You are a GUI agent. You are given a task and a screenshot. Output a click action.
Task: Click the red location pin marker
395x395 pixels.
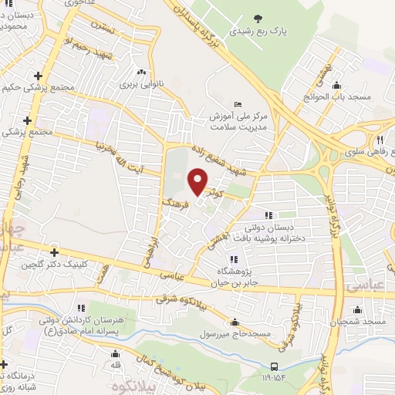(x=198, y=181)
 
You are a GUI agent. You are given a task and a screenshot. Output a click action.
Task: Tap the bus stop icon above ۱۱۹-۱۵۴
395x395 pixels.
(x=274, y=366)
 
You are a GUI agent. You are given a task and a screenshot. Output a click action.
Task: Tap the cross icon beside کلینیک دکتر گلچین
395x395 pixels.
(x=54, y=252)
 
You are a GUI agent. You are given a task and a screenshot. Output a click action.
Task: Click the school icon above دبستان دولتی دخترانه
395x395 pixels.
(x=268, y=215)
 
